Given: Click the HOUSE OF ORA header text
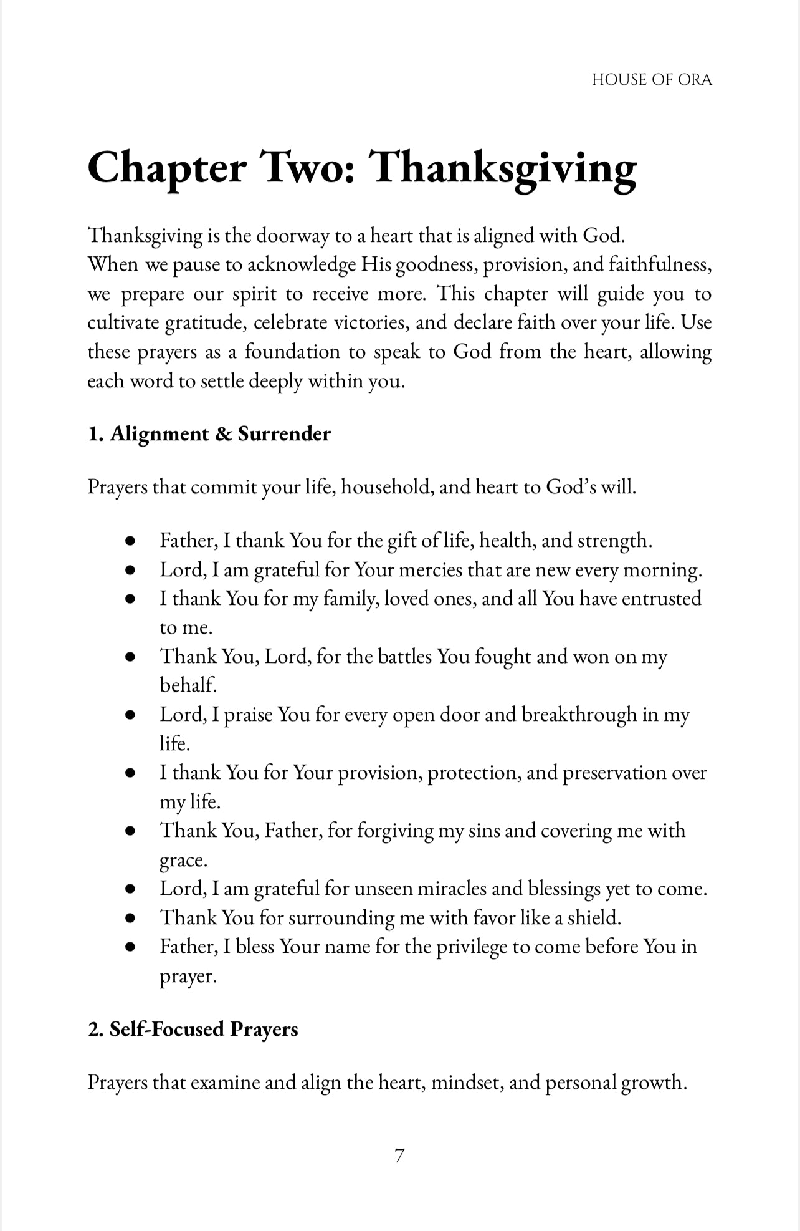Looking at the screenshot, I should click(651, 80).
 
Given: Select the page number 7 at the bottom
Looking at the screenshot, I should click(399, 1156).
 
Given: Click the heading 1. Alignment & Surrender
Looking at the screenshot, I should click(209, 434).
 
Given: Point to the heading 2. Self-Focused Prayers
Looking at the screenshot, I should click(193, 1029).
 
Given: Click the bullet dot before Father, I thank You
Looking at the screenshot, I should click(130, 541).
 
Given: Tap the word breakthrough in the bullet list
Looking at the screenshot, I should click(579, 715).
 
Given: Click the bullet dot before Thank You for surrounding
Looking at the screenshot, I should click(130, 919).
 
